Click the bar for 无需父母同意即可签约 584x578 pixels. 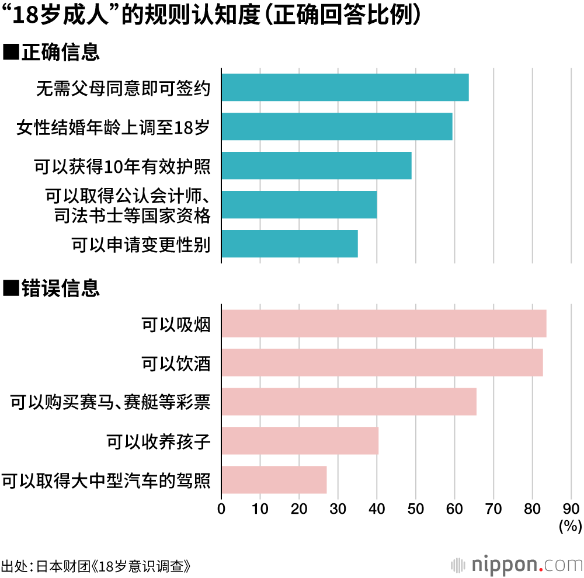click(x=345, y=88)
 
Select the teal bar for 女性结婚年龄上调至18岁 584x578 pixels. click(x=336, y=127)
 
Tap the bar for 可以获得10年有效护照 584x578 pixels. click(x=316, y=166)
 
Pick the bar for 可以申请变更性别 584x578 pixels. click(x=289, y=244)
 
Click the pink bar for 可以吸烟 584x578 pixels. click(x=384, y=323)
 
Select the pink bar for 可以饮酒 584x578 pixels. click(x=382, y=363)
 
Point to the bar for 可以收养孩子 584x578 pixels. click(x=300, y=441)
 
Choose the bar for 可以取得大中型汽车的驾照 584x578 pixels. click(x=273, y=480)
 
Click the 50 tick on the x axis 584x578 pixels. click(x=415, y=509)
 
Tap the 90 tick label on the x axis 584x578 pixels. click(x=571, y=509)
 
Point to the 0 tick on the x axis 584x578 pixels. click(x=221, y=509)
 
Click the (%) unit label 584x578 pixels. click(x=570, y=526)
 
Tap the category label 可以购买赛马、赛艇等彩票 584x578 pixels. click(x=110, y=402)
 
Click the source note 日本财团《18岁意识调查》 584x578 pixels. click(x=114, y=566)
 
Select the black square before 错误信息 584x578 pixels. click(x=12, y=288)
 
